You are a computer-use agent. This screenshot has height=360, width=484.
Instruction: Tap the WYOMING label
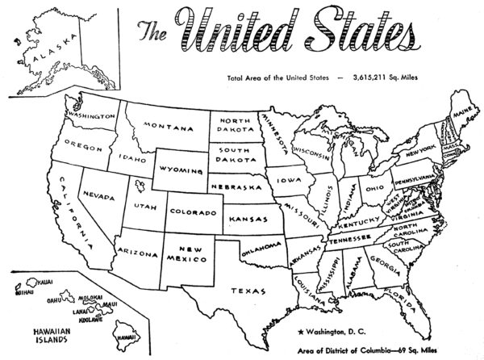(185, 171)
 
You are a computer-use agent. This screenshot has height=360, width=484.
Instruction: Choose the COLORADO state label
(193, 212)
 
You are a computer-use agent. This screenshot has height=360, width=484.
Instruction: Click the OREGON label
(84, 147)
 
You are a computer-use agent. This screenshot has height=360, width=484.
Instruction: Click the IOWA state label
(287, 181)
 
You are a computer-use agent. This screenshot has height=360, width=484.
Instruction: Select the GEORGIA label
(380, 261)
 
